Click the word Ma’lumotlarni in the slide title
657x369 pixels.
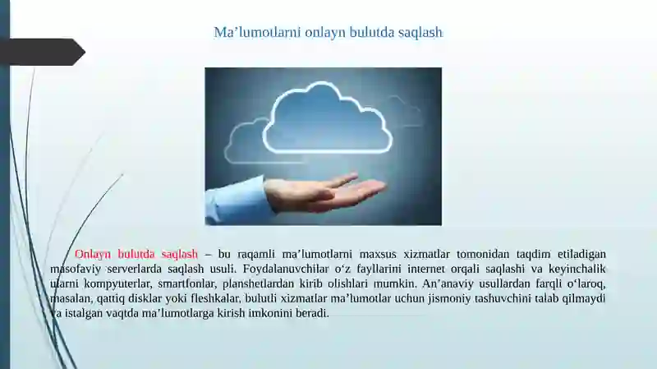click(257, 32)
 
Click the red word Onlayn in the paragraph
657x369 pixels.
click(93, 255)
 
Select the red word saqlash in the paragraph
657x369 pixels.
click(179, 255)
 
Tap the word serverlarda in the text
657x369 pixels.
click(135, 269)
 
